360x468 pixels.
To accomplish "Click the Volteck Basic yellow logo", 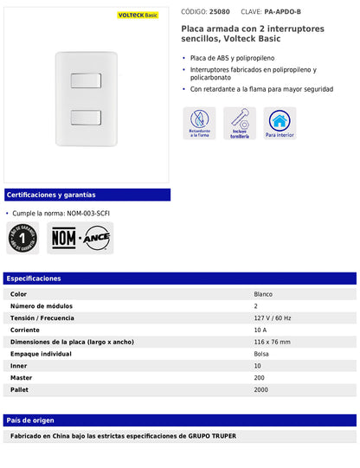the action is [137, 15].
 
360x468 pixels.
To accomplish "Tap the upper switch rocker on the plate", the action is [87, 80].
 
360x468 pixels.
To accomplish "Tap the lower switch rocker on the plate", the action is [87, 119].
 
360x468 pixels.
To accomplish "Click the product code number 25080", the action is [220, 12].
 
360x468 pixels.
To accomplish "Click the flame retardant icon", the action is [199, 124].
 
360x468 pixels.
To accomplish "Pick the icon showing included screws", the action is [240, 124].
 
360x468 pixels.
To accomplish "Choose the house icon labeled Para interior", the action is [280, 124].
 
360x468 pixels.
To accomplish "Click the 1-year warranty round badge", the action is [22, 238].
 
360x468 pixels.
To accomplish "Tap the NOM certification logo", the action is [64, 238].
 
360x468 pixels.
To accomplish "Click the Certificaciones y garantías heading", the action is [50, 195].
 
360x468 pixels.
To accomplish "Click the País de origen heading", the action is [30, 420].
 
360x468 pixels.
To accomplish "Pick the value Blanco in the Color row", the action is [263, 294].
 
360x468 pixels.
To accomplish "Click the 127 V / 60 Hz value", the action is [273, 317].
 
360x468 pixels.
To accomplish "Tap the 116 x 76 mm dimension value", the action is [273, 342].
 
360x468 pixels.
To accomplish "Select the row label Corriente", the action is [25, 330].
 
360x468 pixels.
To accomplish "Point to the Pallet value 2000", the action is [261, 389].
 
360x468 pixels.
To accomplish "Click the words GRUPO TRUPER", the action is [212, 435].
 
